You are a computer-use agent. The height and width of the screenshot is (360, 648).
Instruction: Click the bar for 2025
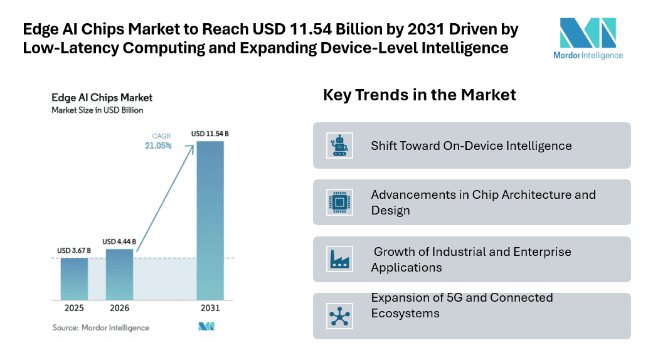(x=74, y=278)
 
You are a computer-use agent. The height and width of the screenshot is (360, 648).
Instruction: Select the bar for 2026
(x=119, y=274)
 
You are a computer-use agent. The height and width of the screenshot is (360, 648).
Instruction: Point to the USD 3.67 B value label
(x=74, y=251)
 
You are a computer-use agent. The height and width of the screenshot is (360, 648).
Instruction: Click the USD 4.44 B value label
(x=119, y=241)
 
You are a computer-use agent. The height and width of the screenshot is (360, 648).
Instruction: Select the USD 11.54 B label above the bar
(x=210, y=134)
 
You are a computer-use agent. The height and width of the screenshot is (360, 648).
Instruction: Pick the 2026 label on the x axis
(x=119, y=309)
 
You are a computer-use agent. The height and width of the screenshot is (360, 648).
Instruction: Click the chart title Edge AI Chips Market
(x=102, y=98)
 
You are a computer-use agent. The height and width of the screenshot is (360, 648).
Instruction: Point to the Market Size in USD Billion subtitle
(x=97, y=110)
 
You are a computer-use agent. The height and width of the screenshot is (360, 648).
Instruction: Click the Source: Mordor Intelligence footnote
(x=100, y=327)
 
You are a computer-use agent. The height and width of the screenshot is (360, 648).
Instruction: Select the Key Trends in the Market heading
(x=419, y=95)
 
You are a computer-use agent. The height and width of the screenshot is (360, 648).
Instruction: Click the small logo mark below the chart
(x=206, y=327)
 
